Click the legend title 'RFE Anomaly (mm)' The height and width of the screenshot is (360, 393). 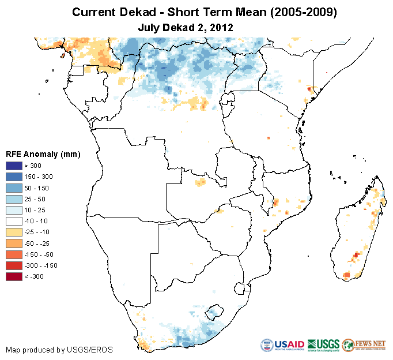(43, 154)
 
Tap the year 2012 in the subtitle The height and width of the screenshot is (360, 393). (222, 27)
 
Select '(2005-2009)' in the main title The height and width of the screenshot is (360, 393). (303, 12)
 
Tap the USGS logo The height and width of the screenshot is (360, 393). (323, 345)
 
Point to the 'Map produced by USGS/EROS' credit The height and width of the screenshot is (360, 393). (59, 350)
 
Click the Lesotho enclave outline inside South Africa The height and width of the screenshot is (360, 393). (216, 310)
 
